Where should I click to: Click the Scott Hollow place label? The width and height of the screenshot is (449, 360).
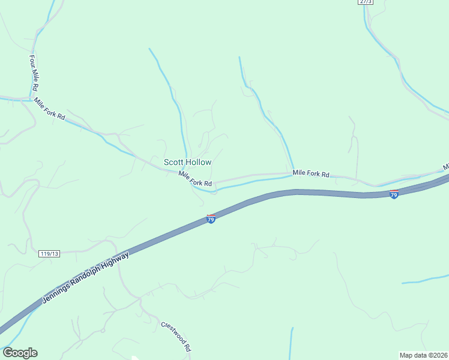click(187, 162)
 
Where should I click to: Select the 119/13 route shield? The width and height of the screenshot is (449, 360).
click(50, 254)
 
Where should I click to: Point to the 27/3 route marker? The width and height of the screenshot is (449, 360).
click(366, 2)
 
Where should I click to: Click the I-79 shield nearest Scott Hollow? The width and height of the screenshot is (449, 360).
click(211, 219)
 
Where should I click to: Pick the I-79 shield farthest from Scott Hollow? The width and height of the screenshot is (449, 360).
click(394, 194)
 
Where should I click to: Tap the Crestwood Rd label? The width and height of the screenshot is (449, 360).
click(176, 336)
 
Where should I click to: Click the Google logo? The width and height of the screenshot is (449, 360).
click(20, 353)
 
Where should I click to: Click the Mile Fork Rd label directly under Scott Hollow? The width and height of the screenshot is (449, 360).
click(195, 178)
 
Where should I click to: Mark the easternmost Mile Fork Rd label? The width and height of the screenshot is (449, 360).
click(311, 174)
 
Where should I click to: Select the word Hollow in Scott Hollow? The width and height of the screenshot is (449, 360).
click(199, 162)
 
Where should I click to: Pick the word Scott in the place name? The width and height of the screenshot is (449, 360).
click(174, 162)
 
